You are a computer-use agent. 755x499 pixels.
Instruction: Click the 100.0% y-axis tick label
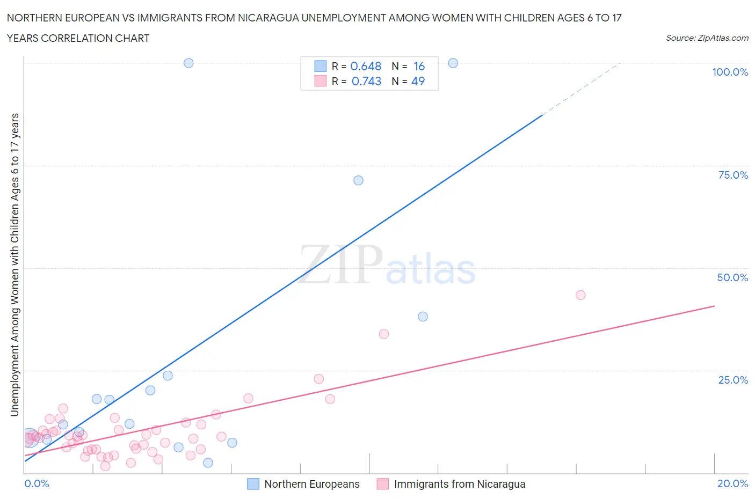click(730, 72)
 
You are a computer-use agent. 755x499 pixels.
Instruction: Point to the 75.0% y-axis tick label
click(733, 175)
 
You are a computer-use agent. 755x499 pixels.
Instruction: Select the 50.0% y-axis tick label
click(732, 277)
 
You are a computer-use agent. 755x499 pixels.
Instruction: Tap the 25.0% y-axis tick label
click(733, 380)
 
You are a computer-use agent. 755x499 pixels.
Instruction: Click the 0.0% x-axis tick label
click(37, 483)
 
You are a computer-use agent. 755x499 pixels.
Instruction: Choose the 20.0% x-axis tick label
click(732, 483)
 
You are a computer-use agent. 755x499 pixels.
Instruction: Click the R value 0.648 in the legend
click(366, 66)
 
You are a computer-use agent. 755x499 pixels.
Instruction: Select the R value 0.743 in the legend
click(366, 81)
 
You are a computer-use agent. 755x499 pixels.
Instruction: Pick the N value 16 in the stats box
click(419, 66)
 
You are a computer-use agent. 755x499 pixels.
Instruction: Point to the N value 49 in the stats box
click(418, 81)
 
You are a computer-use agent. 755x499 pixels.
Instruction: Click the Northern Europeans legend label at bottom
click(311, 484)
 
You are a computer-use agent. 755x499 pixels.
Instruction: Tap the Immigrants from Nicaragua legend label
click(459, 484)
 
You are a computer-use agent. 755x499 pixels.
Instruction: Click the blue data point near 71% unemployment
click(358, 180)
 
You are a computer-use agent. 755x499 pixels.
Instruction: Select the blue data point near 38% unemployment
click(423, 317)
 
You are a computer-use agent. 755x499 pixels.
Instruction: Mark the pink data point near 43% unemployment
click(580, 295)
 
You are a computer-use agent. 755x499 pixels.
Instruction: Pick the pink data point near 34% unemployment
click(383, 334)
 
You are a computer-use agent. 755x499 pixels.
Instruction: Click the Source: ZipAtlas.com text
click(707, 38)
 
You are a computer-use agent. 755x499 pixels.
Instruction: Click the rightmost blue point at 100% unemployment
click(453, 63)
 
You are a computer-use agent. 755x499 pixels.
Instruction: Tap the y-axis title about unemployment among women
click(14, 265)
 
